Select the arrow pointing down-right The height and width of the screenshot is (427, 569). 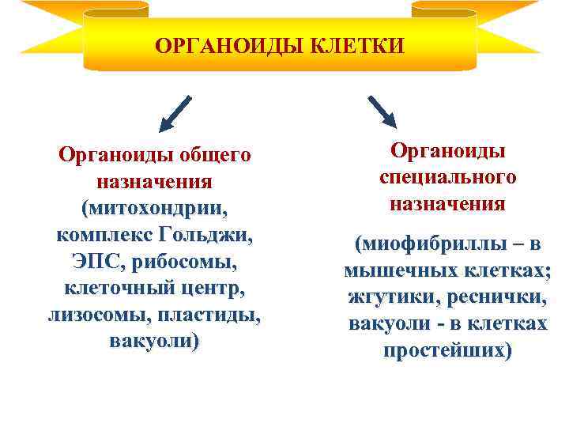pos(382,111)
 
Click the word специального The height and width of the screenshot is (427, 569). pos(447,177)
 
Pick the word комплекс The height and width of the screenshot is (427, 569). pos(104,236)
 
